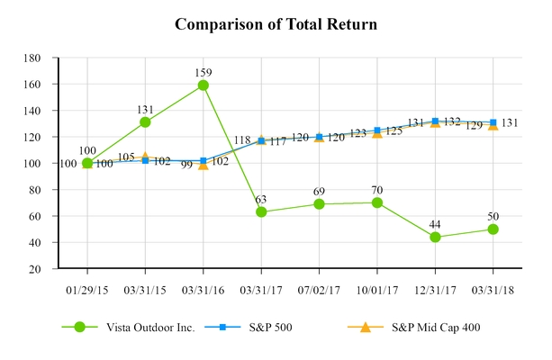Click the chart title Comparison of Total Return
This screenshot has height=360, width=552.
tap(276, 24)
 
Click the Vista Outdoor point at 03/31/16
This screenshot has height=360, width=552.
tap(204, 85)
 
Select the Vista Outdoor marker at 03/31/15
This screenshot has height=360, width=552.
tap(145, 122)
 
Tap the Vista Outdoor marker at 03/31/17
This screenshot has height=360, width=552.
tap(261, 211)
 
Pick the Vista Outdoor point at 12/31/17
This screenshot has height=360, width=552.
tap(435, 237)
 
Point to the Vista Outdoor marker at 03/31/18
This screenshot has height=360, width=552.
tap(493, 229)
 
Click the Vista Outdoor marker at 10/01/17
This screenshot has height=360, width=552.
tap(377, 202)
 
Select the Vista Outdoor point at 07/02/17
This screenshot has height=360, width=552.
tap(319, 204)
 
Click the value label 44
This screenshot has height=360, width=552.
tap(435, 222)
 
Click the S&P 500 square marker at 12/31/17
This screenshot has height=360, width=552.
tap(435, 121)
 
